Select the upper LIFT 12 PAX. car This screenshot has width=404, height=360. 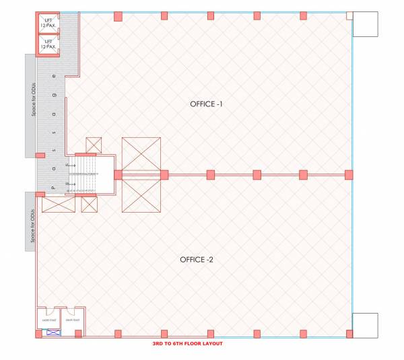[x=48, y=24]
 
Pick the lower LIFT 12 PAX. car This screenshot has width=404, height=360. [x=48, y=44]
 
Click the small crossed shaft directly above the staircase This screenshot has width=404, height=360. [x=94, y=145]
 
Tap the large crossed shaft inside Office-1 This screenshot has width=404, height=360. [x=141, y=154]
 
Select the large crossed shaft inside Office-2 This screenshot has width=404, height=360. [x=141, y=194]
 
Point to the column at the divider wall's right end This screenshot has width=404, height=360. [x=349, y=175]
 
